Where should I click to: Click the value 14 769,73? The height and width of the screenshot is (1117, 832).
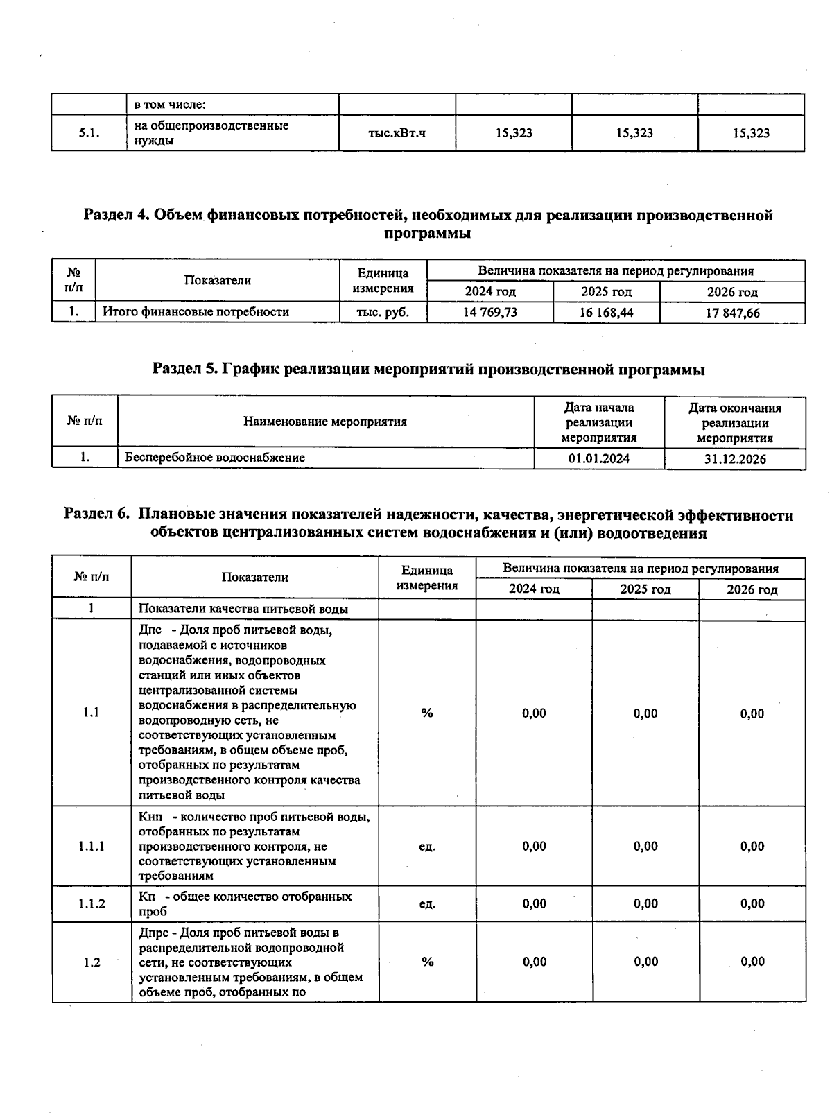[489, 312]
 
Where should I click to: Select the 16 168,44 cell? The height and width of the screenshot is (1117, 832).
[606, 313]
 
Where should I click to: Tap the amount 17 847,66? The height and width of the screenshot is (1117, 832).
[732, 313]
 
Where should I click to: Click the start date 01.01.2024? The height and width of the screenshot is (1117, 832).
[599, 458]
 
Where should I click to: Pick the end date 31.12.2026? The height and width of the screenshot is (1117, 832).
[735, 459]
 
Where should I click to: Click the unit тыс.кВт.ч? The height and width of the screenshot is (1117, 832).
[397, 132]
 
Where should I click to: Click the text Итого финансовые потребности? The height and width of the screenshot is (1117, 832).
[196, 312]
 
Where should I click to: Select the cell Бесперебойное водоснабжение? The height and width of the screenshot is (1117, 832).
[215, 458]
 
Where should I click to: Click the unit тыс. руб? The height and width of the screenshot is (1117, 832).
[383, 312]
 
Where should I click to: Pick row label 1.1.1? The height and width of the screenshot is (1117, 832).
[92, 846]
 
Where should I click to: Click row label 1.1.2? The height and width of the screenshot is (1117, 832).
[92, 903]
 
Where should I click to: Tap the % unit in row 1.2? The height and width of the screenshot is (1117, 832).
[427, 962]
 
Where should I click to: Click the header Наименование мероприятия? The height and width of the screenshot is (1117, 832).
[324, 422]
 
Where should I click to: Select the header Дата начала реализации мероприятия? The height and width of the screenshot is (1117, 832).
[599, 422]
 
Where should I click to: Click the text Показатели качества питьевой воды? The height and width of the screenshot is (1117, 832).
[243, 609]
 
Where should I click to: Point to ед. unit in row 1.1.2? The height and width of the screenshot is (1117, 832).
[427, 903]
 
